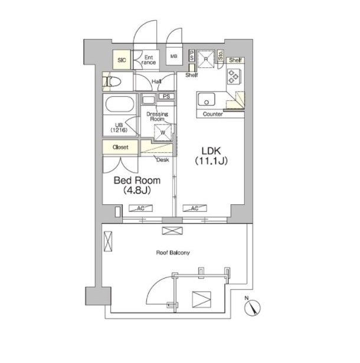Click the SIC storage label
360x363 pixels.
click(x=122, y=60)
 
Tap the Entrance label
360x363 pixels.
click(x=148, y=60)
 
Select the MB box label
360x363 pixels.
click(x=174, y=56)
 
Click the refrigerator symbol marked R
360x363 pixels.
click(x=206, y=59)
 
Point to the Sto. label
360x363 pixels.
click(x=220, y=55)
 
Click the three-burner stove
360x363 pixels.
click(x=234, y=76)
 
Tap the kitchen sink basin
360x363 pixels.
click(x=207, y=99)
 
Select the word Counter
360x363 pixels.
click(x=213, y=114)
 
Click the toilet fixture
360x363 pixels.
click(x=112, y=81)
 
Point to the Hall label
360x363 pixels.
click(x=156, y=81)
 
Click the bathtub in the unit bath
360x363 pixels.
click(x=120, y=104)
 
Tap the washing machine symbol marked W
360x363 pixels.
click(x=163, y=132)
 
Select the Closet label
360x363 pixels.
click(x=120, y=147)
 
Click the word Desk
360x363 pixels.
click(x=163, y=160)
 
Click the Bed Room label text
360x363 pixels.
click(x=137, y=185)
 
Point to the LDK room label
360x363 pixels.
click(x=211, y=156)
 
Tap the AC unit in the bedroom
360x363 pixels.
click(x=140, y=208)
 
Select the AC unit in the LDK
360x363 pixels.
click(x=195, y=208)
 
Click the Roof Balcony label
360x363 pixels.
click(x=173, y=253)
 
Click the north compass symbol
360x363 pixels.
click(x=253, y=308)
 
